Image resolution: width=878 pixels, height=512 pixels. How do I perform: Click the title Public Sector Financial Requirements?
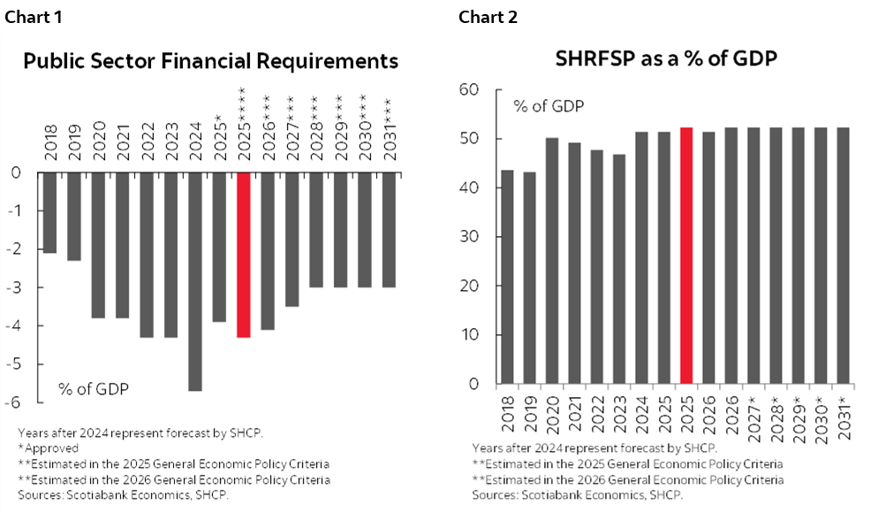210,61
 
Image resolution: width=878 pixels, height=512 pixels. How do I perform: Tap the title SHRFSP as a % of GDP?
665,59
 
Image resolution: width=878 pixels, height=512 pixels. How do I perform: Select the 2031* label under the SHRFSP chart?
844,413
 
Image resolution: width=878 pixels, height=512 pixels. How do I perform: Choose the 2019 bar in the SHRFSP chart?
530,278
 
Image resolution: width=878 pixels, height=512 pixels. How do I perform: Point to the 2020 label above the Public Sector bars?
99,138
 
